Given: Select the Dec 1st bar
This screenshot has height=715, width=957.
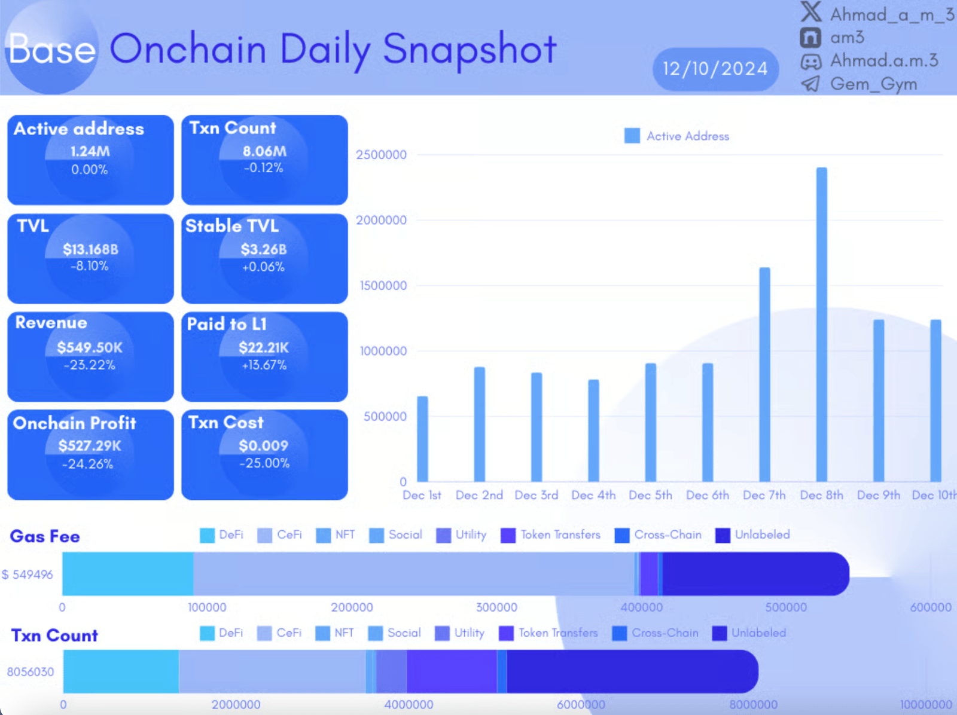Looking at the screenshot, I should coord(422,439).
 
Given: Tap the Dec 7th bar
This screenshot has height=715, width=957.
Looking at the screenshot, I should coord(764,374).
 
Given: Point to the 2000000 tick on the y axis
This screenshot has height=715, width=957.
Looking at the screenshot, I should coord(381,220).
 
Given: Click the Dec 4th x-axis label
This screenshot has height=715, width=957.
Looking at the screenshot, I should coord(593,495).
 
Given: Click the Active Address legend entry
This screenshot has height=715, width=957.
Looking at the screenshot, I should coord(677,136).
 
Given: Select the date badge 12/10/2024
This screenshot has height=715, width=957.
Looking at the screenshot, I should coord(715,69).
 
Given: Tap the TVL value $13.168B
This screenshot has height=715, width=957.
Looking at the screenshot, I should coord(91,249).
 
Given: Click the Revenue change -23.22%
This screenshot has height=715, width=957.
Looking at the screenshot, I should coord(90,365).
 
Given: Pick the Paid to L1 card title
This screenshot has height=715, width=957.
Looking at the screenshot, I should coord(227,324).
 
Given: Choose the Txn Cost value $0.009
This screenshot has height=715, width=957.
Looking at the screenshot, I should coord(264,445).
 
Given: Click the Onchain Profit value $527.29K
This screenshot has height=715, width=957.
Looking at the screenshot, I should coord(90,445).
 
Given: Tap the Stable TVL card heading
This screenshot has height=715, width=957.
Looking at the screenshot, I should coord(232,226).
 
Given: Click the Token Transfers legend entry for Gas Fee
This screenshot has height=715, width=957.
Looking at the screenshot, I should coord(550,534).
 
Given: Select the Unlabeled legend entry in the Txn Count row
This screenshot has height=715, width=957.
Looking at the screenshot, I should coord(749,632).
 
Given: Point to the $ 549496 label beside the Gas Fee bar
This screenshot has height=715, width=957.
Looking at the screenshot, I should coord(28,575).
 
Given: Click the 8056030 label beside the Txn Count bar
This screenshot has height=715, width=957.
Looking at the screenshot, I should coord(31,671).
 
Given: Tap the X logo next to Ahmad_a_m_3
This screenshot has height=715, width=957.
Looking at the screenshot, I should coord(811,13).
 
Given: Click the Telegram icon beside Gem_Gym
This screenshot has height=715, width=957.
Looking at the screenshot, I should coord(810,84).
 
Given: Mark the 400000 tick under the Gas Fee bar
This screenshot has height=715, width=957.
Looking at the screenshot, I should coord(641,607).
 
